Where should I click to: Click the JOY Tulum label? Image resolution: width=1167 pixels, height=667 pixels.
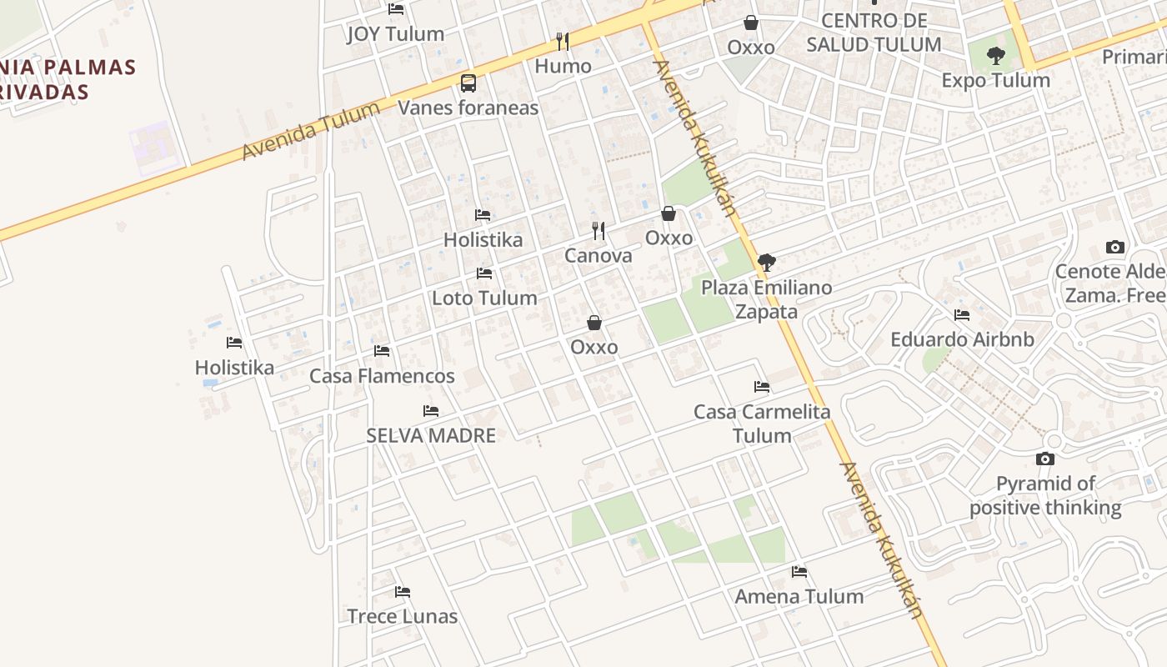click(x=395, y=34)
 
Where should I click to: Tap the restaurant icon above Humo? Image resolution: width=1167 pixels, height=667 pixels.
click(x=563, y=41)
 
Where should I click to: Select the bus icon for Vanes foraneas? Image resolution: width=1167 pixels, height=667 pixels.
click(x=468, y=83)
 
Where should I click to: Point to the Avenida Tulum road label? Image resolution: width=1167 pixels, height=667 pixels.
click(x=311, y=131)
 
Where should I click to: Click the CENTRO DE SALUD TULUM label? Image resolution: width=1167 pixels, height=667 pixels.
click(x=874, y=33)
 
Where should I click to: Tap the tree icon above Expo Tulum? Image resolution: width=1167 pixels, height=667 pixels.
click(x=995, y=57)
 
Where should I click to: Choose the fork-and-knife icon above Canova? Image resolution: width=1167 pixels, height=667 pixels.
click(x=599, y=230)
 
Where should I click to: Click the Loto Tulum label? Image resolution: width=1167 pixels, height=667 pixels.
click(x=484, y=298)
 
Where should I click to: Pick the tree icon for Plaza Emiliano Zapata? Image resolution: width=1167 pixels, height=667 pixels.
click(x=767, y=263)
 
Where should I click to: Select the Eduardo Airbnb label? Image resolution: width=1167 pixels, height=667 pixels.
click(x=962, y=339)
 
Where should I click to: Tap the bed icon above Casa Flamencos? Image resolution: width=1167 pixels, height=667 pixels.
click(x=382, y=351)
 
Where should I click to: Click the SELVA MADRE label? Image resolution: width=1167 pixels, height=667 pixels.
click(x=431, y=435)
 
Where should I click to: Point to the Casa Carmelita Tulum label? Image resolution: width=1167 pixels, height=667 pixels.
click(x=762, y=424)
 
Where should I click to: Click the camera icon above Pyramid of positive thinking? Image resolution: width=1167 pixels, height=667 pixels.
click(x=1044, y=459)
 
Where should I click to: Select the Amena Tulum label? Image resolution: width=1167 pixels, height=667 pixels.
click(x=799, y=596)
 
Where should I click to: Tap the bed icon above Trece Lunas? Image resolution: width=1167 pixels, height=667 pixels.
click(x=403, y=592)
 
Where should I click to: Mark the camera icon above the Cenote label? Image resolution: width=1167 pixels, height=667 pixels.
click(x=1114, y=247)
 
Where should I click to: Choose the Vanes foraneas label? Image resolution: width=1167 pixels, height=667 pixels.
click(x=468, y=108)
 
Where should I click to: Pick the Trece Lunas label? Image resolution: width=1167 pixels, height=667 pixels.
click(x=402, y=616)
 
